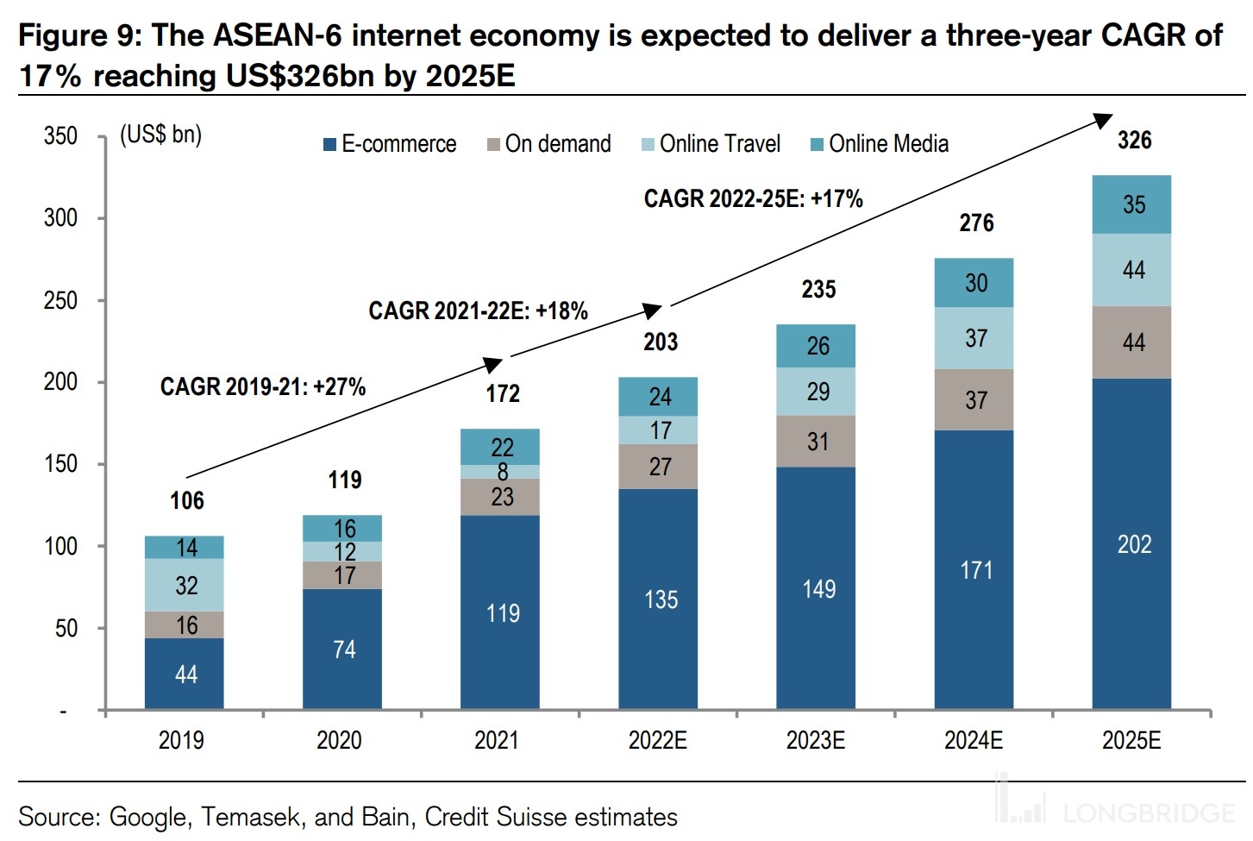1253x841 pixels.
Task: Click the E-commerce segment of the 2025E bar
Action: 1131,543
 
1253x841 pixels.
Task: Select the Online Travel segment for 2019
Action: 185,585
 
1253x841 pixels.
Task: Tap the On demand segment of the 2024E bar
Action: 974,399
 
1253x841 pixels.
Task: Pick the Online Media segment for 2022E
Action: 659,396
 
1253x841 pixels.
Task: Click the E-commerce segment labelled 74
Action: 342,649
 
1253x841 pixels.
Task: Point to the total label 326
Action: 1133,140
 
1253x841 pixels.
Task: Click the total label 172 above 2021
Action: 502,393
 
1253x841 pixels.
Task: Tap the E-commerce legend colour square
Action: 329,144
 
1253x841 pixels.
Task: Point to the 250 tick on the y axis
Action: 60,300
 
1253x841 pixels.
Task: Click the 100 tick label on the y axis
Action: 60,546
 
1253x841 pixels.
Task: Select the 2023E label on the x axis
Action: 815,740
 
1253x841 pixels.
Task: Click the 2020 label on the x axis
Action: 339,740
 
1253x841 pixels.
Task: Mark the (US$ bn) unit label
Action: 160,135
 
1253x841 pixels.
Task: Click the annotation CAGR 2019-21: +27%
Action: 262,386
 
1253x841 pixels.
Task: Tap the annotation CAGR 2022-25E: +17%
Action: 753,198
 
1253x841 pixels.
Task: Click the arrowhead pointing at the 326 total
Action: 1103,119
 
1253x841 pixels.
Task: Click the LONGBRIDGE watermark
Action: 1147,812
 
